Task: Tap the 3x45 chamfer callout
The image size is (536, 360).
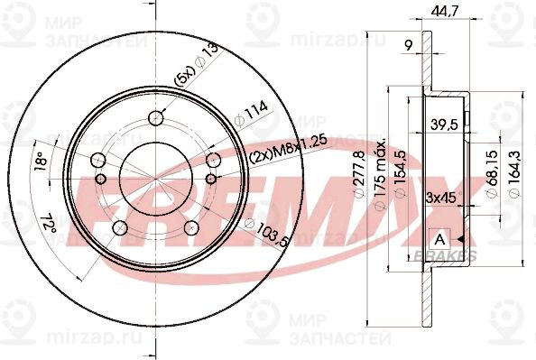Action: pos(439,195)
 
